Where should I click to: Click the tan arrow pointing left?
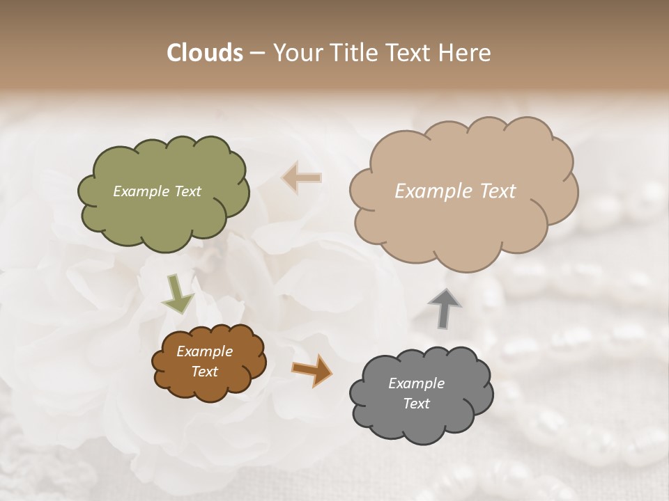point(302,177)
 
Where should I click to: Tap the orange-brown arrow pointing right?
point(311,369)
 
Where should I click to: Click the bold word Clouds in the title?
point(204,53)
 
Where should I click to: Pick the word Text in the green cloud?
point(187,191)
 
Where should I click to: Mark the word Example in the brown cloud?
point(204,351)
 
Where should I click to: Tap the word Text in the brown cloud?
point(204,372)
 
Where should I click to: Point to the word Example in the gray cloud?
point(416,383)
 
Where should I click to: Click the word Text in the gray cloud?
point(416,404)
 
